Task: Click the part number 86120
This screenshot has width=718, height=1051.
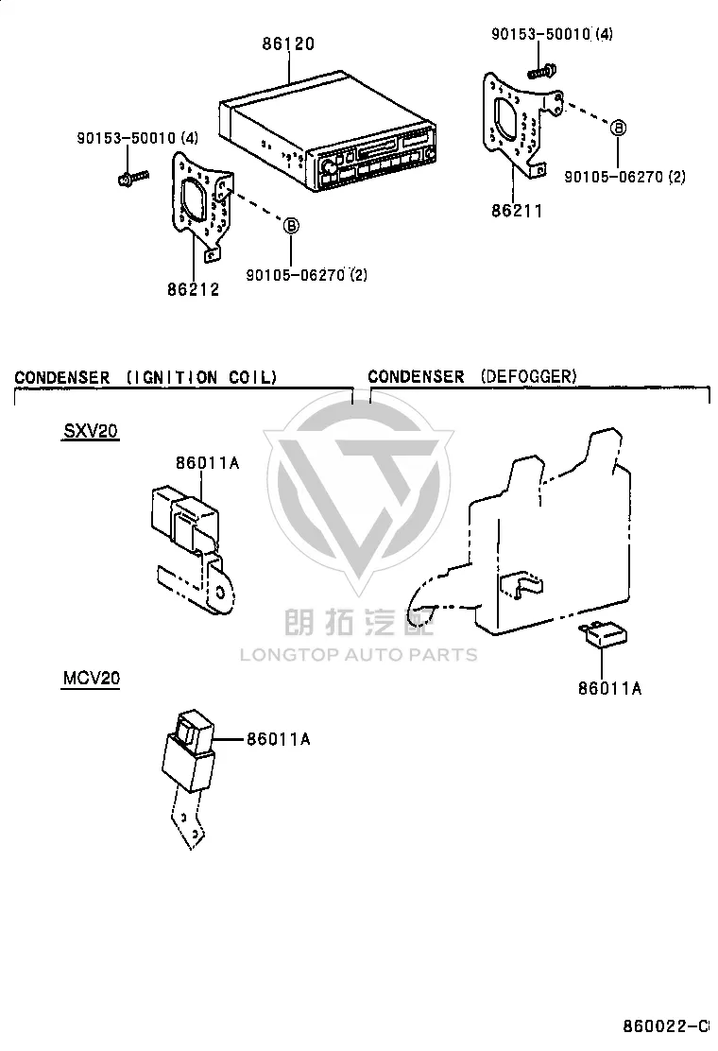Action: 288,44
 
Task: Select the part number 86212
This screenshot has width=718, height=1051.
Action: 194,289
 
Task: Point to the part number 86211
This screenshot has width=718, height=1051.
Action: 517,211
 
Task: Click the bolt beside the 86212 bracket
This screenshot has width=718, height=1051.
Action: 132,178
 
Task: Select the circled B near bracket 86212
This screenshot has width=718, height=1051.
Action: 291,225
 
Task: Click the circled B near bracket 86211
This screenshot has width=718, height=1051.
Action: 619,128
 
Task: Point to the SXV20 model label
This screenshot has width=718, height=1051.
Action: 91,430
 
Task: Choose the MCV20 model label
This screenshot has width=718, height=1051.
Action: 91,678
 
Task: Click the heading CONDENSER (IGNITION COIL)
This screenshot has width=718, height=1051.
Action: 145,377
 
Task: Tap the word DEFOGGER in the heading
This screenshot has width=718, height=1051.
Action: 528,376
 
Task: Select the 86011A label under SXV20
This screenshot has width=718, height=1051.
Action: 208,463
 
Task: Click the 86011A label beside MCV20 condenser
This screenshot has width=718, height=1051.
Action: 279,739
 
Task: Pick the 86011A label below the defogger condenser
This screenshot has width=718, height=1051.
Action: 610,688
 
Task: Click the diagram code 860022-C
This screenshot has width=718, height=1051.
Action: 666,1026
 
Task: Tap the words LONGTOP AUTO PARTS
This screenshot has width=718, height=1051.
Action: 359,655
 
